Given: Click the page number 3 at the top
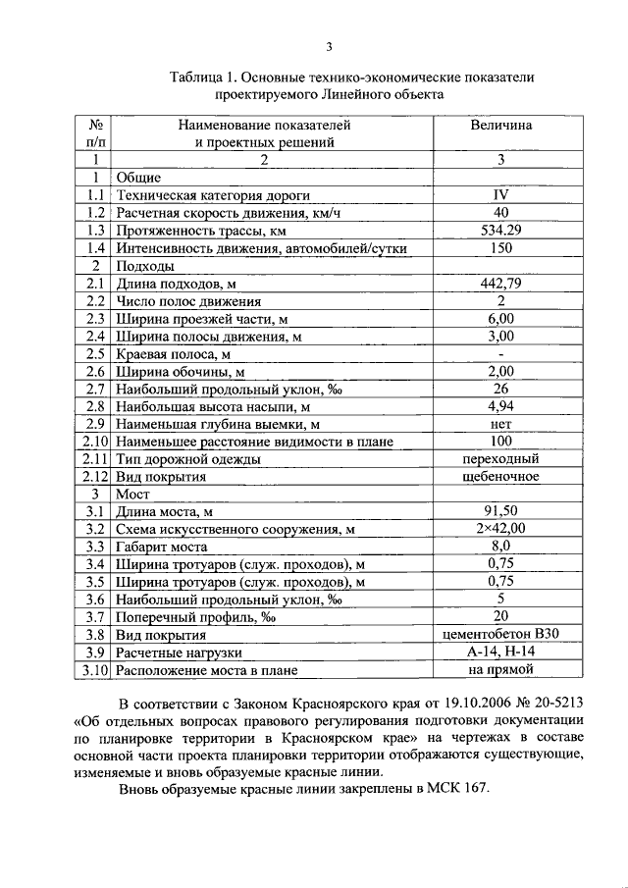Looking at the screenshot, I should click(330, 46).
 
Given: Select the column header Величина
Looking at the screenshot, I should click(500, 126).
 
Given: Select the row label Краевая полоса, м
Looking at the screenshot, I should click(173, 354).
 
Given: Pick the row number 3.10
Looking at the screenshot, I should click(94, 670).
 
